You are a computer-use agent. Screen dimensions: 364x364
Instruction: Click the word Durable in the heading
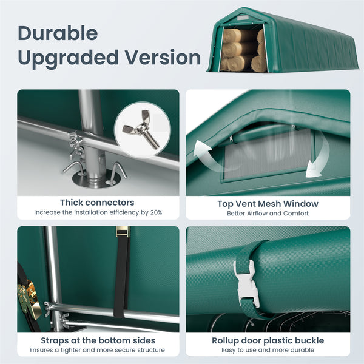(58, 33)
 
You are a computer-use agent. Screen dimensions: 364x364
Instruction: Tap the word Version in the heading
(163, 58)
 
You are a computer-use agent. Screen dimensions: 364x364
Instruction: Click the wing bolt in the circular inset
(142, 129)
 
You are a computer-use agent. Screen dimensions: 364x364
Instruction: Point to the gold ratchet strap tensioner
(29, 299)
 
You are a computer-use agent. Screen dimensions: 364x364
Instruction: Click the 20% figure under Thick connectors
(156, 212)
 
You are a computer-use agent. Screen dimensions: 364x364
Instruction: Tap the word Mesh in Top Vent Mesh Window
(269, 204)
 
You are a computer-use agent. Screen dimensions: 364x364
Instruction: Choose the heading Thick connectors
(97, 203)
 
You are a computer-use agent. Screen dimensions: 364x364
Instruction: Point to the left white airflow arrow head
(201, 148)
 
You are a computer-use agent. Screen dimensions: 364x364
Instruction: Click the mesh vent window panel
(268, 153)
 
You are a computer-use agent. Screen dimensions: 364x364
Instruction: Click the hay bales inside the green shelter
(243, 50)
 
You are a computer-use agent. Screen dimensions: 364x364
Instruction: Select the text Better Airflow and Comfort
(268, 214)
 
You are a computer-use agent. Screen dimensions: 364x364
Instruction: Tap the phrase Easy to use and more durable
(268, 350)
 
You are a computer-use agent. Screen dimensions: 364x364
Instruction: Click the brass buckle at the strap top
(123, 232)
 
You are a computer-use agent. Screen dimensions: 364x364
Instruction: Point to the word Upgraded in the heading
(68, 58)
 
